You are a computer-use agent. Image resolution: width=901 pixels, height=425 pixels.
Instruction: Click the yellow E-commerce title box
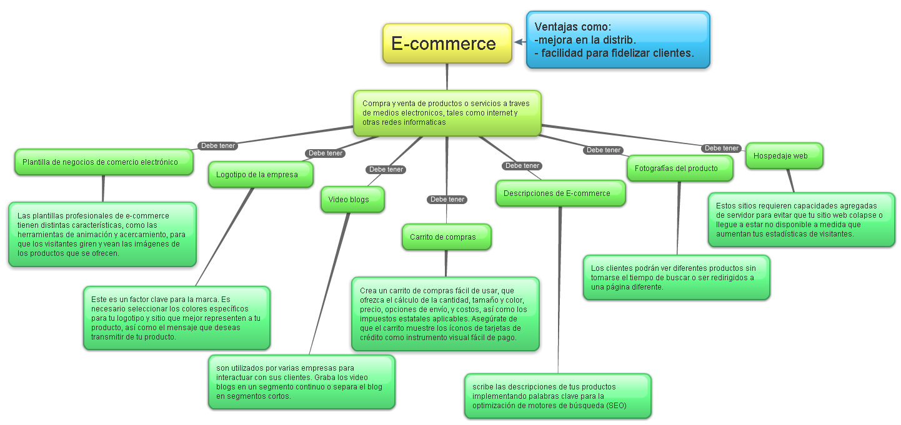tap(447, 44)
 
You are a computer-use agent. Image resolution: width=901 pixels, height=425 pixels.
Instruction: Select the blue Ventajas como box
tap(617, 40)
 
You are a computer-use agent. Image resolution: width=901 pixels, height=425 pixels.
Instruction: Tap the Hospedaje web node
tap(784, 156)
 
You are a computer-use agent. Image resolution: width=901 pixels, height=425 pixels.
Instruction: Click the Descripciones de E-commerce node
tap(560, 193)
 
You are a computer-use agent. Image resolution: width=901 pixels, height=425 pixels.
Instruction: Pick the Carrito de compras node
tap(446, 237)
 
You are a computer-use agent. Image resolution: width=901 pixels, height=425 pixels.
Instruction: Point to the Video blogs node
tap(352, 200)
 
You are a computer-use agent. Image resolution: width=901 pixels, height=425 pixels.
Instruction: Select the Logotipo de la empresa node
tap(260, 175)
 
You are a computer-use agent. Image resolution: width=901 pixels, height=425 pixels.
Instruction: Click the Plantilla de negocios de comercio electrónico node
tap(103, 162)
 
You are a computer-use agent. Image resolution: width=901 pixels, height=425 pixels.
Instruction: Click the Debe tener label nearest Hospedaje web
tap(721, 149)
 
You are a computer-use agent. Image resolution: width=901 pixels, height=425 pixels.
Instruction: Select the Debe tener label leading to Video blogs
tap(386, 169)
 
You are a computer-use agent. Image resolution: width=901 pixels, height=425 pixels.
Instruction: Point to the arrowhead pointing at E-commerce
tap(518, 42)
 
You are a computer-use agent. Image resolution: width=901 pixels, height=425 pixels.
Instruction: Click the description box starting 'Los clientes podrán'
tap(676, 277)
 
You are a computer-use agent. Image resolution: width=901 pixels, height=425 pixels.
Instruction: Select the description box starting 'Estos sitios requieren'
tap(801, 219)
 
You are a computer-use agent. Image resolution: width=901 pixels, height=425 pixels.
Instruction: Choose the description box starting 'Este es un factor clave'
tap(176, 318)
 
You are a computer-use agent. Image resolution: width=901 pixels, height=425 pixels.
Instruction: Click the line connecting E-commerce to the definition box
tap(447, 76)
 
